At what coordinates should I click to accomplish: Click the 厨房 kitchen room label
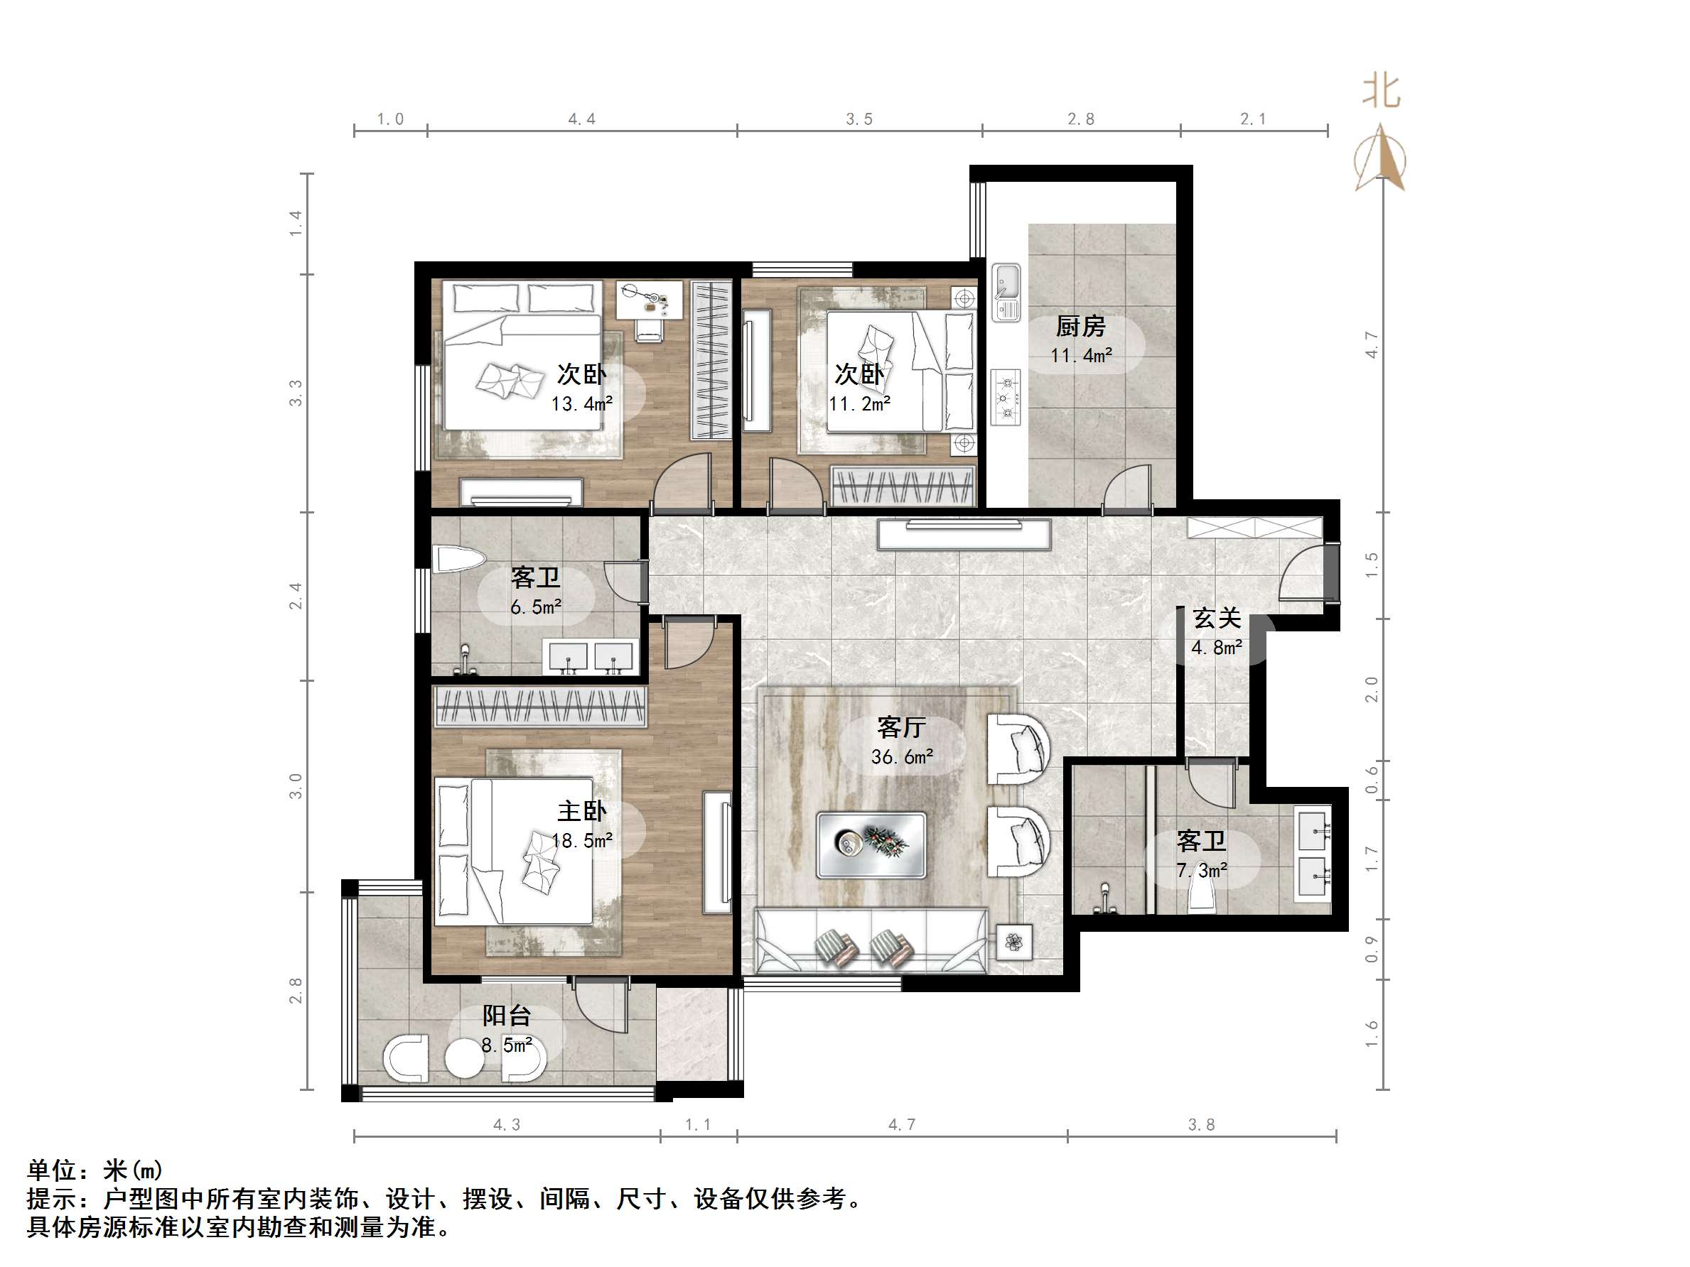(x=1080, y=327)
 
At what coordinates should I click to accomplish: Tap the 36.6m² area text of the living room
(x=902, y=757)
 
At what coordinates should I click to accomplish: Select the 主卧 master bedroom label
(x=581, y=811)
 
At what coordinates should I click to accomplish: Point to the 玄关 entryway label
(x=1216, y=618)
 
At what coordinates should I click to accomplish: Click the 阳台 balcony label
(x=506, y=1016)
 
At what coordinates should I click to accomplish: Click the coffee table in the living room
(x=871, y=844)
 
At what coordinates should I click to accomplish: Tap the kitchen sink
(x=1006, y=293)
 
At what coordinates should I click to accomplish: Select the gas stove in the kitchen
(x=1006, y=397)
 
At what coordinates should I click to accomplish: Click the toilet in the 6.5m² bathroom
(x=457, y=559)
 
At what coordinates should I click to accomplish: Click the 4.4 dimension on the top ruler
(x=581, y=119)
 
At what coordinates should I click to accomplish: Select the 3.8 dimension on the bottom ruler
(x=1201, y=1124)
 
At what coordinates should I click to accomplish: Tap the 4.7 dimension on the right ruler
(x=1372, y=344)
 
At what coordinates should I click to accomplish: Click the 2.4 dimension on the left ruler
(x=296, y=596)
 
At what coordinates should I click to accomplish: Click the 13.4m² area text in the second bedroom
(x=581, y=404)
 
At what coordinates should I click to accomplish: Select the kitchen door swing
(x=1128, y=489)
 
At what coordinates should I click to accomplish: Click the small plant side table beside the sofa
(x=1014, y=942)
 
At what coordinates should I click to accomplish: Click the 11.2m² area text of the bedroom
(x=859, y=404)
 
